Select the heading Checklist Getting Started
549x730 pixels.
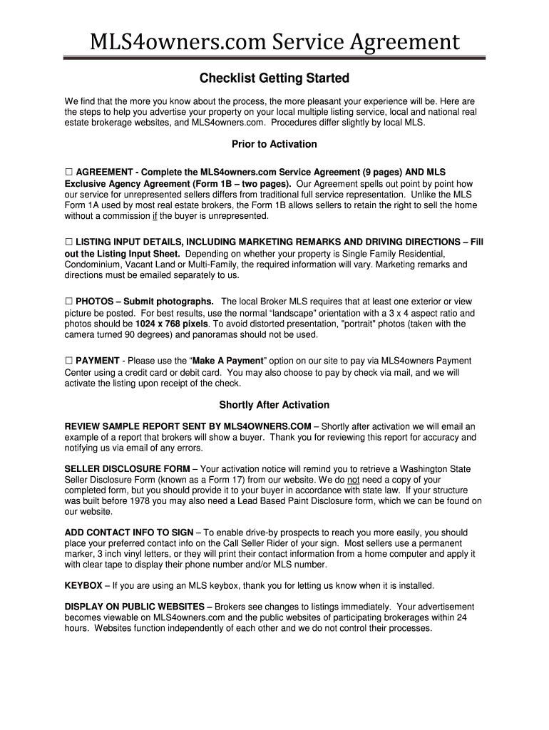pyautogui.click(x=274, y=77)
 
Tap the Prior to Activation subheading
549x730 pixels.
pyautogui.click(x=274, y=144)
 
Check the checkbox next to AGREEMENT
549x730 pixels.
pyautogui.click(x=69, y=173)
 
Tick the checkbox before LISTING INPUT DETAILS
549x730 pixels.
pyautogui.click(x=69, y=242)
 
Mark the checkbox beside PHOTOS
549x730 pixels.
pyautogui.click(x=69, y=302)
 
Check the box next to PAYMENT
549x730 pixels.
pyautogui.click(x=69, y=361)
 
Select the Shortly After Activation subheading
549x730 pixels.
pyautogui.click(x=274, y=405)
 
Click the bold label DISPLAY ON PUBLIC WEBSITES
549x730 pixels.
pyautogui.click(x=135, y=607)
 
